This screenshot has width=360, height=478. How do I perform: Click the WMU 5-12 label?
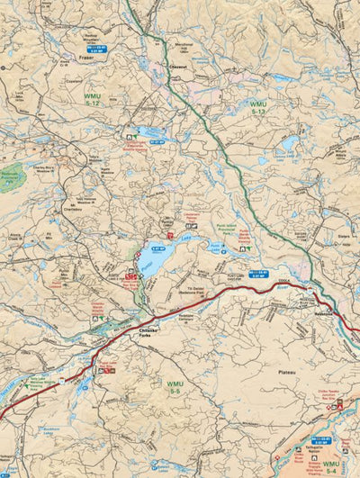click(x=93, y=97)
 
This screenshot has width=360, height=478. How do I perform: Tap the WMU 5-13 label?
click(x=258, y=108)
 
